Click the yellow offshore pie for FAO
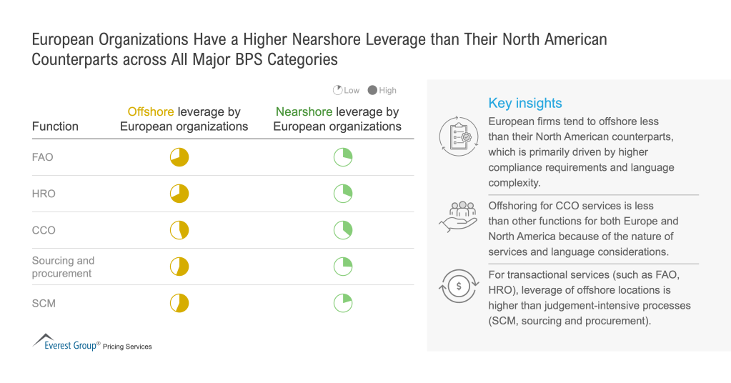click(x=179, y=157)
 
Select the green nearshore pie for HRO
click(x=343, y=194)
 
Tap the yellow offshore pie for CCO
click(x=179, y=230)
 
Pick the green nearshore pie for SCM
click(x=343, y=303)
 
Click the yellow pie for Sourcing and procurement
click(x=179, y=267)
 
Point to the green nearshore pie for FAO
click(x=343, y=157)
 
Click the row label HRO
click(x=44, y=194)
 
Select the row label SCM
click(x=44, y=303)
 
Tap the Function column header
click(x=55, y=126)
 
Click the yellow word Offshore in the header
click(x=150, y=111)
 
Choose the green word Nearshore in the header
click(x=304, y=111)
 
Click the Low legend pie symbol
click(x=337, y=91)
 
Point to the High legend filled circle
click(x=372, y=91)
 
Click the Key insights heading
click(x=525, y=103)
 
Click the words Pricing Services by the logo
click(x=127, y=347)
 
